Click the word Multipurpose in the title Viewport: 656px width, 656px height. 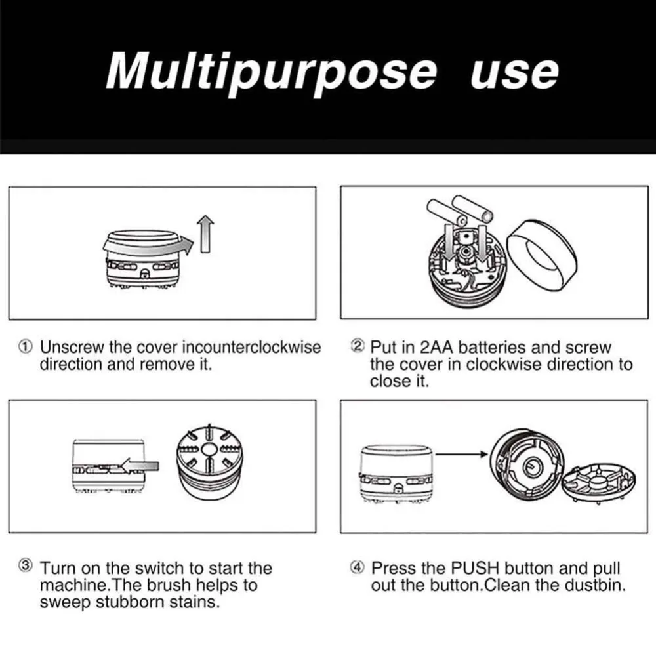tap(271, 72)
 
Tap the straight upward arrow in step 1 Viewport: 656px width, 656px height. tap(205, 234)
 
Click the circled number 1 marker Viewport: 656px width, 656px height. tap(26, 347)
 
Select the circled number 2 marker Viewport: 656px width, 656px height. tap(358, 346)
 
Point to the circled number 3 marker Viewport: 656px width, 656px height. tap(26, 565)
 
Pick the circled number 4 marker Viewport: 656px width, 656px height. tap(357, 567)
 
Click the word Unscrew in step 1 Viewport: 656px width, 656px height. tap(72, 347)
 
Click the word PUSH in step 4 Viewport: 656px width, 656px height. tap(475, 568)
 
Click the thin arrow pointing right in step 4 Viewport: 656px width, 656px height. tap(461, 454)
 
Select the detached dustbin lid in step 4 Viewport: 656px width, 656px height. tap(599, 483)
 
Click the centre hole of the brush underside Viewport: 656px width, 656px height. tap(208, 449)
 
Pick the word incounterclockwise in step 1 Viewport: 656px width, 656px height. tap(251, 347)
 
